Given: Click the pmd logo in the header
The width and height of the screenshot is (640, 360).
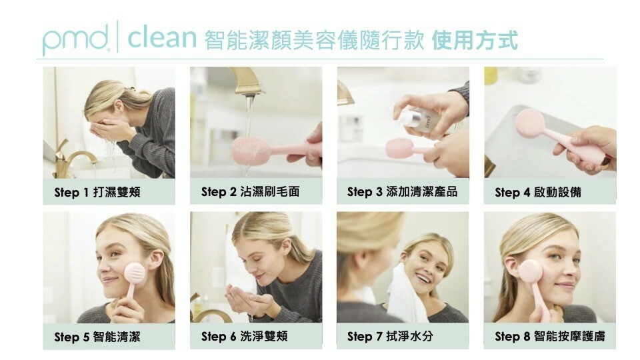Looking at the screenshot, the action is pos(75,39).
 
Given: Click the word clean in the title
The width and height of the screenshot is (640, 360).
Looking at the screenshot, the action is pos(162,37).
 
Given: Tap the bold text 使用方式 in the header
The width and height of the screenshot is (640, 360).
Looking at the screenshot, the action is pos(475,40).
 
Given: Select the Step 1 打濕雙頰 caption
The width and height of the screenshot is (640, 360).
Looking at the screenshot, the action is pos(97,192).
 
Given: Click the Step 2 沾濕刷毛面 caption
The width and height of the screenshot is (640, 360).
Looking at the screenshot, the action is pos(250,191).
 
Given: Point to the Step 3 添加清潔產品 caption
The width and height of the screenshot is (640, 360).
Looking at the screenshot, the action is pos(402,191).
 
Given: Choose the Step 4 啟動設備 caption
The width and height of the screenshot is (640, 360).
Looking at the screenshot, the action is pos(538,192).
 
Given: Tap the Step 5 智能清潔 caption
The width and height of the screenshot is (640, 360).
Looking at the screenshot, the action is pos(97,337).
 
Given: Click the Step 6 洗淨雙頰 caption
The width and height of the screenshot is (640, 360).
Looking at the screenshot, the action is pos(244,336).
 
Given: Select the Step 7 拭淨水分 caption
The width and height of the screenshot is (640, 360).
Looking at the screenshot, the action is pos(390,336).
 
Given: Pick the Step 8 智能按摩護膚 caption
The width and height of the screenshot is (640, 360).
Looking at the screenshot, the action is pos(550,336).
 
